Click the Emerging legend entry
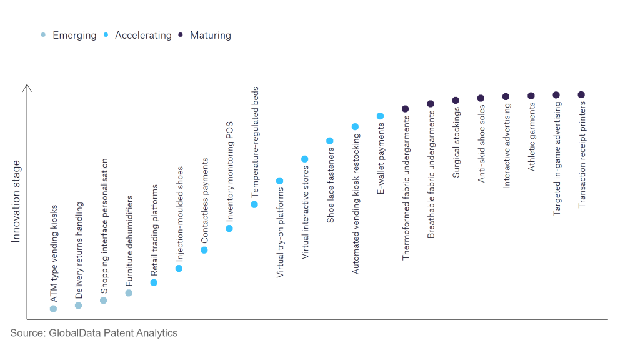(x=69, y=36)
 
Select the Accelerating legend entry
(x=137, y=36)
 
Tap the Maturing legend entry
(x=204, y=36)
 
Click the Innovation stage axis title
(x=16, y=201)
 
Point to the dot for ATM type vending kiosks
(x=54, y=309)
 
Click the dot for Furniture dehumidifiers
(x=129, y=293)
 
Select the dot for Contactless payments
(x=204, y=250)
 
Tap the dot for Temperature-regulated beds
(x=254, y=204)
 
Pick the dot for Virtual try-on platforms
(x=279, y=181)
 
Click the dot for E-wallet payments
(x=380, y=116)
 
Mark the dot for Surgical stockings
(x=456, y=101)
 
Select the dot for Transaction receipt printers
(x=582, y=95)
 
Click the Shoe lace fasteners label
(x=331, y=185)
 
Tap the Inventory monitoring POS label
(x=230, y=171)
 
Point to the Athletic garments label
(x=531, y=137)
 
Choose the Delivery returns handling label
(x=79, y=250)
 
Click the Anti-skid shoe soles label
(x=482, y=144)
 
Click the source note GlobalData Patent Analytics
(x=94, y=333)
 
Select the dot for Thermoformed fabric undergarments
(x=405, y=109)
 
